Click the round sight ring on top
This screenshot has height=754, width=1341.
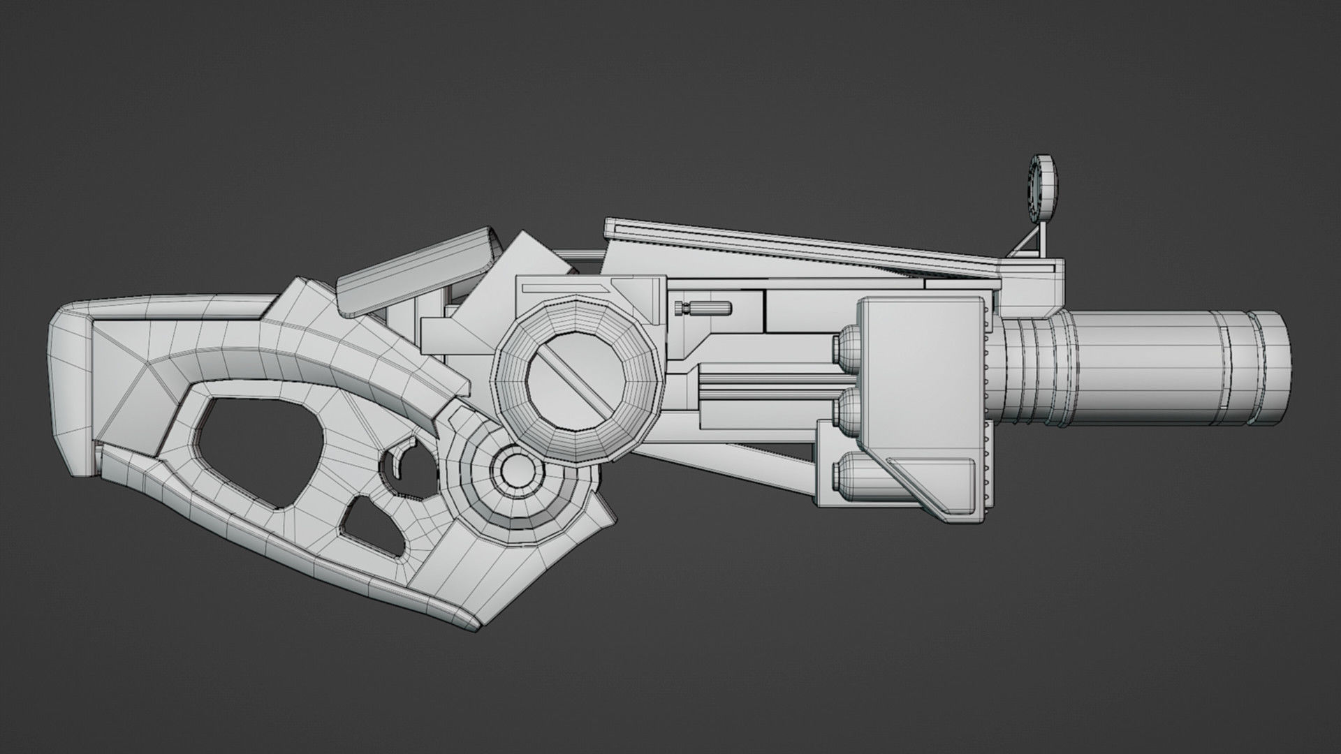click(x=1043, y=187)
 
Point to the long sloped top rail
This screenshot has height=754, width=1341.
click(x=803, y=248)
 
